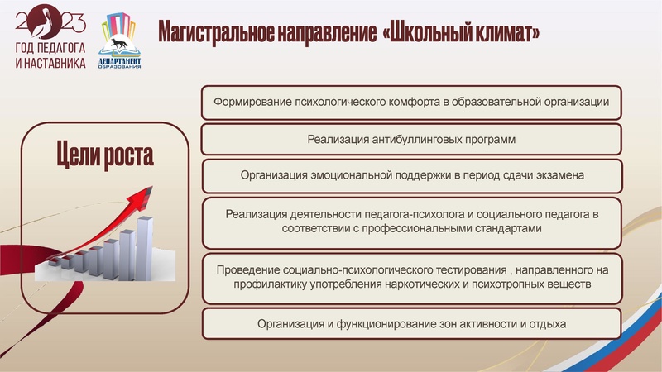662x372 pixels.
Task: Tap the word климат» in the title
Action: (512, 33)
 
